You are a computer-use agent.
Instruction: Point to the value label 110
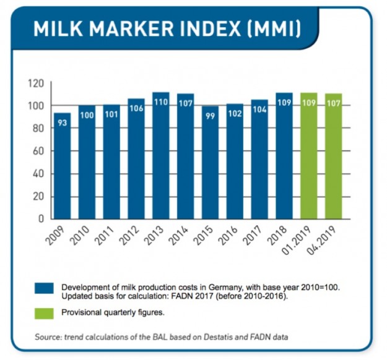tap(161, 101)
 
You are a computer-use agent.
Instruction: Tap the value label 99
tap(210, 116)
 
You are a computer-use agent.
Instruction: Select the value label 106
tap(136, 109)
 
